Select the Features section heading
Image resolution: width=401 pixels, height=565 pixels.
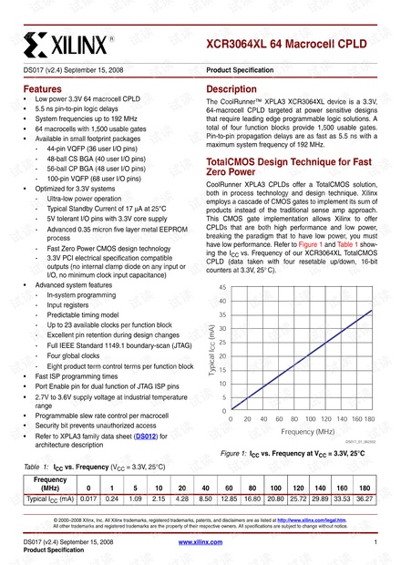(x=43, y=89)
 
